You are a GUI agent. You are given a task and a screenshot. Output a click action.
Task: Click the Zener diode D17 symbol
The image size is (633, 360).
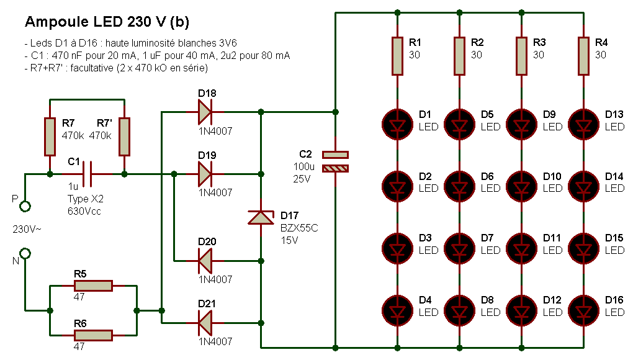coord(261,217)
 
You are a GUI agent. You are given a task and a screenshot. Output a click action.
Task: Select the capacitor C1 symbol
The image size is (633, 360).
coord(87,174)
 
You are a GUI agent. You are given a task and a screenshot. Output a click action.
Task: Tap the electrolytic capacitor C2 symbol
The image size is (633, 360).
coord(335,161)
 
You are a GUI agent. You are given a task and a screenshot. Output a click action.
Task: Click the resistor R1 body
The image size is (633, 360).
coord(397,56)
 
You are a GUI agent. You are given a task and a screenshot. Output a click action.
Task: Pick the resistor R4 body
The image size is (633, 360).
coord(583,56)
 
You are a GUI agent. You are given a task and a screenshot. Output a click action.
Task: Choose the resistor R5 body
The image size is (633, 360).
coord(93,286)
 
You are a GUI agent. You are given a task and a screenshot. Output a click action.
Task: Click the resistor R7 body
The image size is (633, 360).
coord(50,137)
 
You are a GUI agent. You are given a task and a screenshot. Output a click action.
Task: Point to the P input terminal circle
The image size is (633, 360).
coord(25,206)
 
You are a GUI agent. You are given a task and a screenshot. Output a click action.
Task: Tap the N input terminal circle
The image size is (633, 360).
coord(25,253)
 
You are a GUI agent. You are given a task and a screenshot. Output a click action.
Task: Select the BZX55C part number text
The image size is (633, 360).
coord(299,228)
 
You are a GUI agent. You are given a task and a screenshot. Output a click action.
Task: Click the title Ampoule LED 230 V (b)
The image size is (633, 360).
coord(107,22)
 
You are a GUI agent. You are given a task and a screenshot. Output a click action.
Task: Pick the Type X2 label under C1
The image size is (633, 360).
coord(86,199)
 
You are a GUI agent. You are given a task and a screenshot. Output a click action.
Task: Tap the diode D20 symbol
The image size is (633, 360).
coord(205,261)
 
